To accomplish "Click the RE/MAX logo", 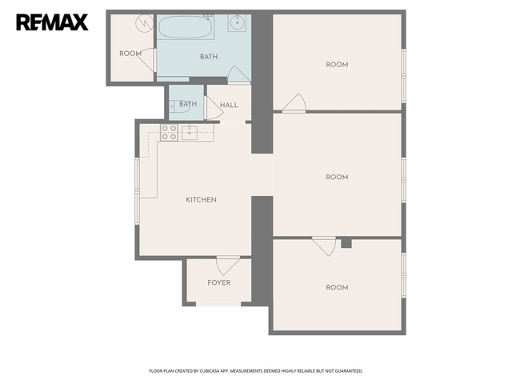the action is point(52,22).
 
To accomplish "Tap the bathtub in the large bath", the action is point(186,27).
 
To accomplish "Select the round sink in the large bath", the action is point(237,23).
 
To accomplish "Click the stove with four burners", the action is point(169,133).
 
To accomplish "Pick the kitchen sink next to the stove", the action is point(190,133).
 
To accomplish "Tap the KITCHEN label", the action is point(201,199).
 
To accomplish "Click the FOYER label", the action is point(218,282).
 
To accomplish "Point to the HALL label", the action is point(229,105).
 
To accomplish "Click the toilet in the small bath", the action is point(179,106).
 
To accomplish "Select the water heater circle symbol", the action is point(144,23).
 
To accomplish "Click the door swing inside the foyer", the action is point(228,266).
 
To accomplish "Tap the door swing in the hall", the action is point(214,107).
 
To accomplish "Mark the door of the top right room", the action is point(294,102).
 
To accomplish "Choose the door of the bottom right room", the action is point(324,246).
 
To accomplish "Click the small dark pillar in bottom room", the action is point(346,243).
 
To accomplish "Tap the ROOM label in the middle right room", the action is point(337,177).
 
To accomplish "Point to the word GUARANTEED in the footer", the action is point(350,371).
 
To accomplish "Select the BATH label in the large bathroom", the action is point(209,57).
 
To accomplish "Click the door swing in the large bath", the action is point(239,74).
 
